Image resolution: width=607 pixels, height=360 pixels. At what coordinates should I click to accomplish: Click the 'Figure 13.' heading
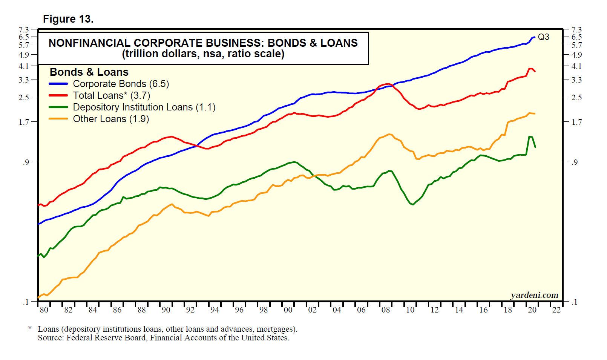coord(68,19)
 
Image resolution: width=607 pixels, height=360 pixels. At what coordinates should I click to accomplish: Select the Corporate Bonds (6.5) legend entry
coord(121,84)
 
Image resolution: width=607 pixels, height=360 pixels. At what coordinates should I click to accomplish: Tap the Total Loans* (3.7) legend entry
coord(111,95)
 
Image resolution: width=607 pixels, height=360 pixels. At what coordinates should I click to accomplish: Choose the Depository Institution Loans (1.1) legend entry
coord(144,107)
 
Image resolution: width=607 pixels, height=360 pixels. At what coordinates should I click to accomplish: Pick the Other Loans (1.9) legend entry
coord(111,119)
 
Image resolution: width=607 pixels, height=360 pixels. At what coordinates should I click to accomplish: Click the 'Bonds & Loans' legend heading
coord(89,72)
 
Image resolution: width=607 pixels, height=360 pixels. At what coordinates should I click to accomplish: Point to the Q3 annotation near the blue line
coord(543,37)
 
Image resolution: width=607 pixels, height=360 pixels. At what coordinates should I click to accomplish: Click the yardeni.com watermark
coord(534,295)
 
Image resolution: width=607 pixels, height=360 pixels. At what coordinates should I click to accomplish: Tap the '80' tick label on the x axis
coord(44,310)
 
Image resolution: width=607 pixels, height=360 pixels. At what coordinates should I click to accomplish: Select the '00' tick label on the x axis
coord(288,310)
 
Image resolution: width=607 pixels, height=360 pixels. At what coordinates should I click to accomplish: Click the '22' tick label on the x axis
coord(556,310)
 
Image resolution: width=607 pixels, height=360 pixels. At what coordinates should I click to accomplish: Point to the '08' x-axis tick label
coord(386,310)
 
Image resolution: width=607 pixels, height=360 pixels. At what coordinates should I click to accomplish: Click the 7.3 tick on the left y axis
coord(24,29)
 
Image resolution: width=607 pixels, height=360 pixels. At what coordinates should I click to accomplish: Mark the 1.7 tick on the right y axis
coord(576,122)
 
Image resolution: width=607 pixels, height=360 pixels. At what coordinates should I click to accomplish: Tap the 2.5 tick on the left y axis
coord(24,97)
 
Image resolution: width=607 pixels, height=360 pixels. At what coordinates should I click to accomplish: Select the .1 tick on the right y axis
coord(574,302)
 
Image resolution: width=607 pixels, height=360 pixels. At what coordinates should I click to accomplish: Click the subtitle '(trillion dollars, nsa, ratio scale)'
coord(203,54)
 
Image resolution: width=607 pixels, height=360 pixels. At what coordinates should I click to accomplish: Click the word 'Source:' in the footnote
coord(51,338)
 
